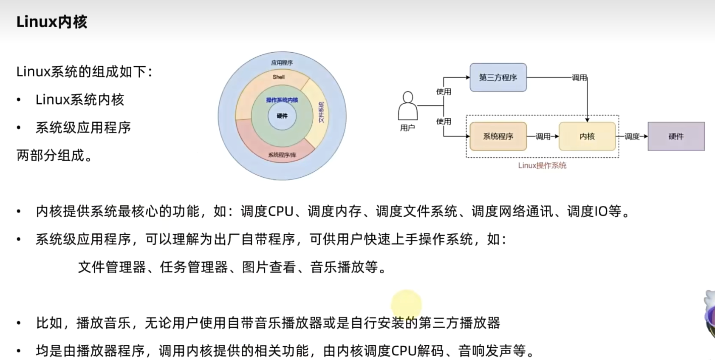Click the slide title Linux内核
point(52,22)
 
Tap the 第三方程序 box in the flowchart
point(498,77)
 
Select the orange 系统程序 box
point(498,136)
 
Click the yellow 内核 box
point(587,136)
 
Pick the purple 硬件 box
point(676,136)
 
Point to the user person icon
point(407,106)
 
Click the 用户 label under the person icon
point(407,128)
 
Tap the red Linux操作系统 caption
point(542,165)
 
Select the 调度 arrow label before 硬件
point(632,136)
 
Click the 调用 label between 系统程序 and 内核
point(543,136)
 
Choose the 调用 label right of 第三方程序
point(579,78)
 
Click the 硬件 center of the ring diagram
point(282,116)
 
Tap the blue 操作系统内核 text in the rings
point(282,100)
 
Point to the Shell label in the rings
point(279,77)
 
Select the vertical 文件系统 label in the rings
point(322,112)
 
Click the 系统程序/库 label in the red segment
point(282,155)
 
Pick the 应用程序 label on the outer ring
point(282,63)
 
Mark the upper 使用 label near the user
point(444,91)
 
